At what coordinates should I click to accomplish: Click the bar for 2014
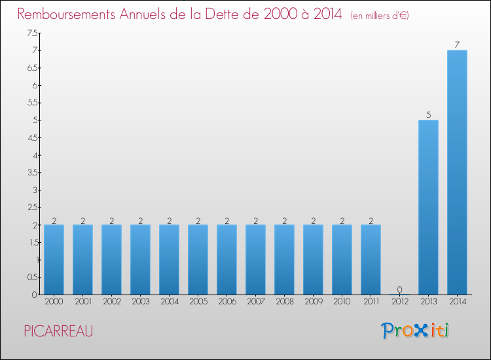(457, 172)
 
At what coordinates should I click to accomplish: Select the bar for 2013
(428, 207)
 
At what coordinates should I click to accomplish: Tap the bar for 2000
(54, 259)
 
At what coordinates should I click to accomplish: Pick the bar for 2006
(227, 259)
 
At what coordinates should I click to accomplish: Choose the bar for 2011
(371, 259)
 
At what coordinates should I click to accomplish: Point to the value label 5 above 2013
(428, 115)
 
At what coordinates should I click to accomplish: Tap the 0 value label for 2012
(399, 289)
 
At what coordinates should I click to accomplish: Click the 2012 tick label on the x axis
(399, 302)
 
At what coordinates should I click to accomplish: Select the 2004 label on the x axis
(169, 302)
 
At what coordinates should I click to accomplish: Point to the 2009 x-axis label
(313, 302)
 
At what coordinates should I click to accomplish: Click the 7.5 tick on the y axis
(31, 33)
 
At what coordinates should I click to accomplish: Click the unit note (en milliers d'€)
(380, 15)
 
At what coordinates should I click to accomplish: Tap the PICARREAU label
(58, 331)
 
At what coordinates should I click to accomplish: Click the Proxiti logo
(416, 331)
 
